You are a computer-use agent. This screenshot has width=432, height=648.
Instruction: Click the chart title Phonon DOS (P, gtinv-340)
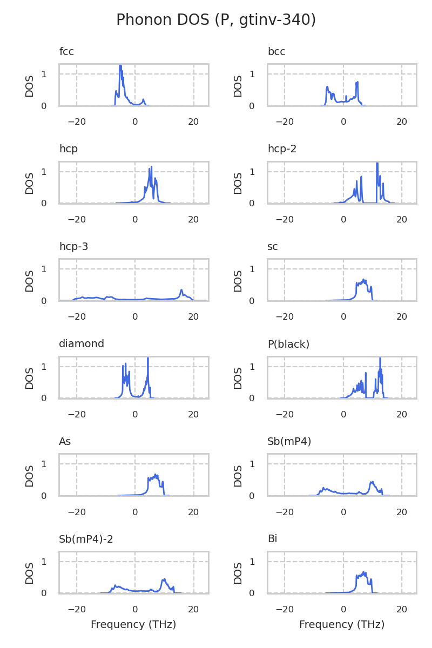[216, 20]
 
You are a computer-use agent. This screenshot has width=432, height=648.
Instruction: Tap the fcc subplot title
[66, 52]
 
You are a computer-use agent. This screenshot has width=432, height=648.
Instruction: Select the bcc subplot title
[276, 52]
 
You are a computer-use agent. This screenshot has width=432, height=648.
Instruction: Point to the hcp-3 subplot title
[73, 247]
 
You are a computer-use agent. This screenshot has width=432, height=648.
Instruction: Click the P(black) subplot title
[288, 344]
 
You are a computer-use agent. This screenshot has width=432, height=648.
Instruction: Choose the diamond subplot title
[82, 344]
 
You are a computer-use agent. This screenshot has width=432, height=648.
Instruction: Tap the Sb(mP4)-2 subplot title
[86, 539]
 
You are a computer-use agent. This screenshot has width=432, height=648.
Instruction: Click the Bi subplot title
[272, 539]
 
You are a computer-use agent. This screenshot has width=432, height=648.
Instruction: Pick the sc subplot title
[273, 247]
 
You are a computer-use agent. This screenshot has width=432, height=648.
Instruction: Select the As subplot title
[65, 442]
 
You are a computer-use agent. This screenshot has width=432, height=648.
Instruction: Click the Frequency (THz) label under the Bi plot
[342, 625]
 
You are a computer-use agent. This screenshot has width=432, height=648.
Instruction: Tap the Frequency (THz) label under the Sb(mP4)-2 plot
[133, 625]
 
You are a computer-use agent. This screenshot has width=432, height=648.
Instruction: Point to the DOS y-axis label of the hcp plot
[30, 183]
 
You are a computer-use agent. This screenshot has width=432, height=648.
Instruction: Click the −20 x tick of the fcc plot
[76, 122]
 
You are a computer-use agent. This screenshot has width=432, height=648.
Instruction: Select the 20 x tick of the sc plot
[402, 317]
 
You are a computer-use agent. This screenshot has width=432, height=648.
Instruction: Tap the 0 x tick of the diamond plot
[135, 414]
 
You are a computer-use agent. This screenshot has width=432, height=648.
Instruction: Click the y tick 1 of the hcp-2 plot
[252, 172]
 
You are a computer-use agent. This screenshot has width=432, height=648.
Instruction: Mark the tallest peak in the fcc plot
[120, 66]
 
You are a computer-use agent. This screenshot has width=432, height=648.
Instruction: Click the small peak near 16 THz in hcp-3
[181, 291]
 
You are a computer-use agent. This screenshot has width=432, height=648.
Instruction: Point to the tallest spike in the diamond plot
[148, 358]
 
